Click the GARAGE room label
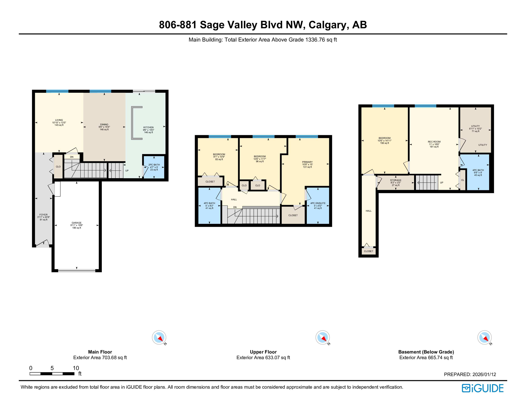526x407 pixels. [76, 223]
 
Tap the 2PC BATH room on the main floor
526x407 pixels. [154, 167]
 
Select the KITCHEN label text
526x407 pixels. [148, 127]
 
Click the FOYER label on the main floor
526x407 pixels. [43, 215]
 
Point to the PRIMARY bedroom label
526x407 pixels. [307, 162]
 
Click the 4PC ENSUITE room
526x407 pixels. [318, 206]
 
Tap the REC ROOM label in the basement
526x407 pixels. [434, 142]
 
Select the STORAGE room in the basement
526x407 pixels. [396, 182]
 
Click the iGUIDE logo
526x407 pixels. [483, 388]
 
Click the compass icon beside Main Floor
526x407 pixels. [159, 338]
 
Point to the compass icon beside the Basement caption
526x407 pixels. [484, 338]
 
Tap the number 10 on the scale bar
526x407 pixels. [76, 368]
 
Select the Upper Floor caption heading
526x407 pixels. [263, 352]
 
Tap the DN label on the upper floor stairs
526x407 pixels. [235, 207]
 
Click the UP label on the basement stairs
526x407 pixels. [441, 183]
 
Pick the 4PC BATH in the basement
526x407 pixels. [478, 172]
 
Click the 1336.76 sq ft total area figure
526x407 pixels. [321, 40]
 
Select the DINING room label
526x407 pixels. [104, 125]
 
